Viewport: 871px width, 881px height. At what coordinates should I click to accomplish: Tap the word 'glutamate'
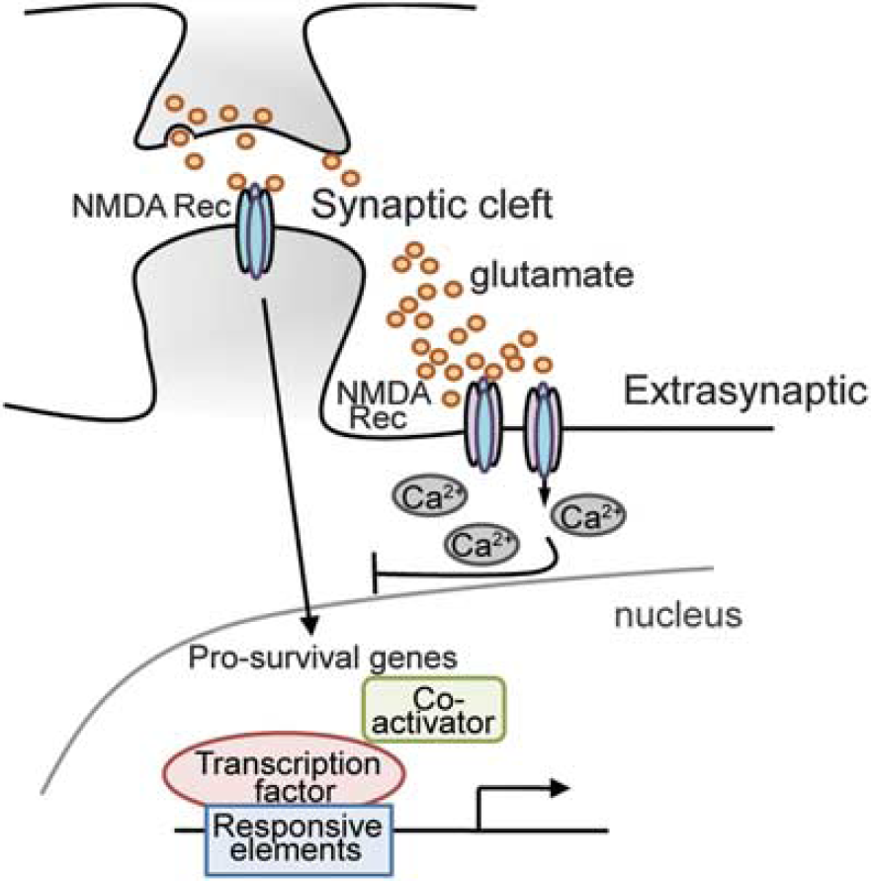[x=552, y=275]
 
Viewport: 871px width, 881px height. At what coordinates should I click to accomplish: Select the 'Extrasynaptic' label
[x=745, y=393]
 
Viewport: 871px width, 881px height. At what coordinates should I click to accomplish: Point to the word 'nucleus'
[x=678, y=615]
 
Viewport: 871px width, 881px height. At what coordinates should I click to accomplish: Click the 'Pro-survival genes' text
[x=322, y=657]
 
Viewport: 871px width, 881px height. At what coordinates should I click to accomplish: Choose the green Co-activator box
[x=434, y=710]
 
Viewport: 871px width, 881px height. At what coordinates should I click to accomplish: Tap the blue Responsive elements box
[x=299, y=839]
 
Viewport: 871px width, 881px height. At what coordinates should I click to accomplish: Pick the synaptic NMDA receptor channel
[x=255, y=231]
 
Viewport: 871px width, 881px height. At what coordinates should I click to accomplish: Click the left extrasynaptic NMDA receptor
[x=482, y=424]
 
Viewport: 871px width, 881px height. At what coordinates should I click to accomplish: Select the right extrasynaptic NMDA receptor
[x=544, y=427]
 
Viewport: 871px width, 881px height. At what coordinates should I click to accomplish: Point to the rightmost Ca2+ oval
[x=588, y=515]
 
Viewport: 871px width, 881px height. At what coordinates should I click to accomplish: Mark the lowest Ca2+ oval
[x=481, y=545]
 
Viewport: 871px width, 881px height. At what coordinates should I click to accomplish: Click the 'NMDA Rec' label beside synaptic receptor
[x=151, y=207]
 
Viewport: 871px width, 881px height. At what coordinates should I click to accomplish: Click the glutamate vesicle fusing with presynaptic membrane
[x=180, y=137]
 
